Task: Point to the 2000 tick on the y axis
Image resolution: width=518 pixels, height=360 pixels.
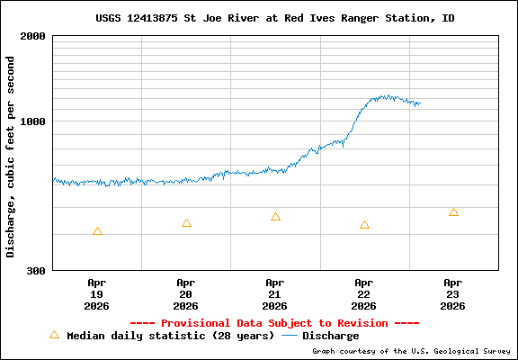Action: (x=33, y=36)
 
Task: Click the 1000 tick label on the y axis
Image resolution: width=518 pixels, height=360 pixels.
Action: (x=33, y=121)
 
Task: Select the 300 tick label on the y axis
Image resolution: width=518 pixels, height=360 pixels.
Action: (x=37, y=270)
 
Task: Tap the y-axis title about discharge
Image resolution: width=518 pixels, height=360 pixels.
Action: (x=11, y=156)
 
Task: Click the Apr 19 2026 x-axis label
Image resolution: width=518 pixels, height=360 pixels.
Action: (x=97, y=293)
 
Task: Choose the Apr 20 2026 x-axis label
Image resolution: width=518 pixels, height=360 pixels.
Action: (x=186, y=293)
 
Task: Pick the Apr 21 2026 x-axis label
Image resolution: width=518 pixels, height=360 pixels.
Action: (x=275, y=293)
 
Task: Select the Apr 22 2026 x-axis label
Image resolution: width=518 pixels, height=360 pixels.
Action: (x=364, y=293)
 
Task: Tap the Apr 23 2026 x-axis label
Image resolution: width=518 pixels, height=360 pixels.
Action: (x=453, y=293)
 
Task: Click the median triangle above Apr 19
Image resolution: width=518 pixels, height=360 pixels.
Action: (x=97, y=231)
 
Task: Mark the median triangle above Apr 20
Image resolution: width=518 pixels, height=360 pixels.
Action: (x=186, y=223)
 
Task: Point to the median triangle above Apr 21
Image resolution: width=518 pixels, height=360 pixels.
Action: (x=275, y=217)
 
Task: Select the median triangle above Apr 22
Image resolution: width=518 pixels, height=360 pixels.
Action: (x=364, y=225)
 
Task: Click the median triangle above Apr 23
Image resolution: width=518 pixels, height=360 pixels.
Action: (x=453, y=212)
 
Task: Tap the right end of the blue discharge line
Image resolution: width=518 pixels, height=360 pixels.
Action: (x=420, y=103)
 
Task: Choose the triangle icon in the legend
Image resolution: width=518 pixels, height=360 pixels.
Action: (x=54, y=335)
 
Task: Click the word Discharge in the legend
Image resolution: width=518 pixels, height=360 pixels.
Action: (x=330, y=336)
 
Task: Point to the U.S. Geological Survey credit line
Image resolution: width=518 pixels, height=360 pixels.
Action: (x=408, y=351)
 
